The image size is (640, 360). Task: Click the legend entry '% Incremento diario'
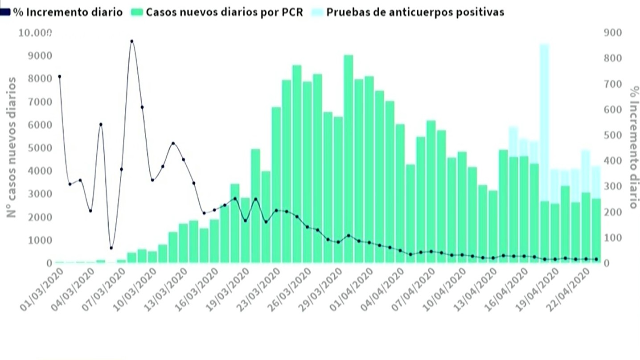tap(61, 12)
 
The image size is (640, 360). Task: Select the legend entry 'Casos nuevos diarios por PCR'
tap(217, 12)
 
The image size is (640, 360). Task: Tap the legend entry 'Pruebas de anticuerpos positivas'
tap(408, 12)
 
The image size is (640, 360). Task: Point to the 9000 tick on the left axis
tap(40, 56)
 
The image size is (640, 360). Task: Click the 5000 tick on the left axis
tap(40, 148)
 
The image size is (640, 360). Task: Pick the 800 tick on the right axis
tap(613, 58)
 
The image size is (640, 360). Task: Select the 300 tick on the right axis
tap(613, 186)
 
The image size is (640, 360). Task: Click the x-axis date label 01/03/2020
tap(42, 290)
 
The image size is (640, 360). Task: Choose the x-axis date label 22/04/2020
tap(569, 290)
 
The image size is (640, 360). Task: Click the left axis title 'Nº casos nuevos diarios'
tap(12, 147)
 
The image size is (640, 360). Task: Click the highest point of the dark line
tap(132, 41)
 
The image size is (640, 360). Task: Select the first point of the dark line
tap(59, 77)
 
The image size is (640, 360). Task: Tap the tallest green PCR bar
tap(348, 159)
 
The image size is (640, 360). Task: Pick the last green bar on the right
tap(596, 231)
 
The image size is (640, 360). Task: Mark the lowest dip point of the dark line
tap(111, 248)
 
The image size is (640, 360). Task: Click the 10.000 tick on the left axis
tap(35, 33)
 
